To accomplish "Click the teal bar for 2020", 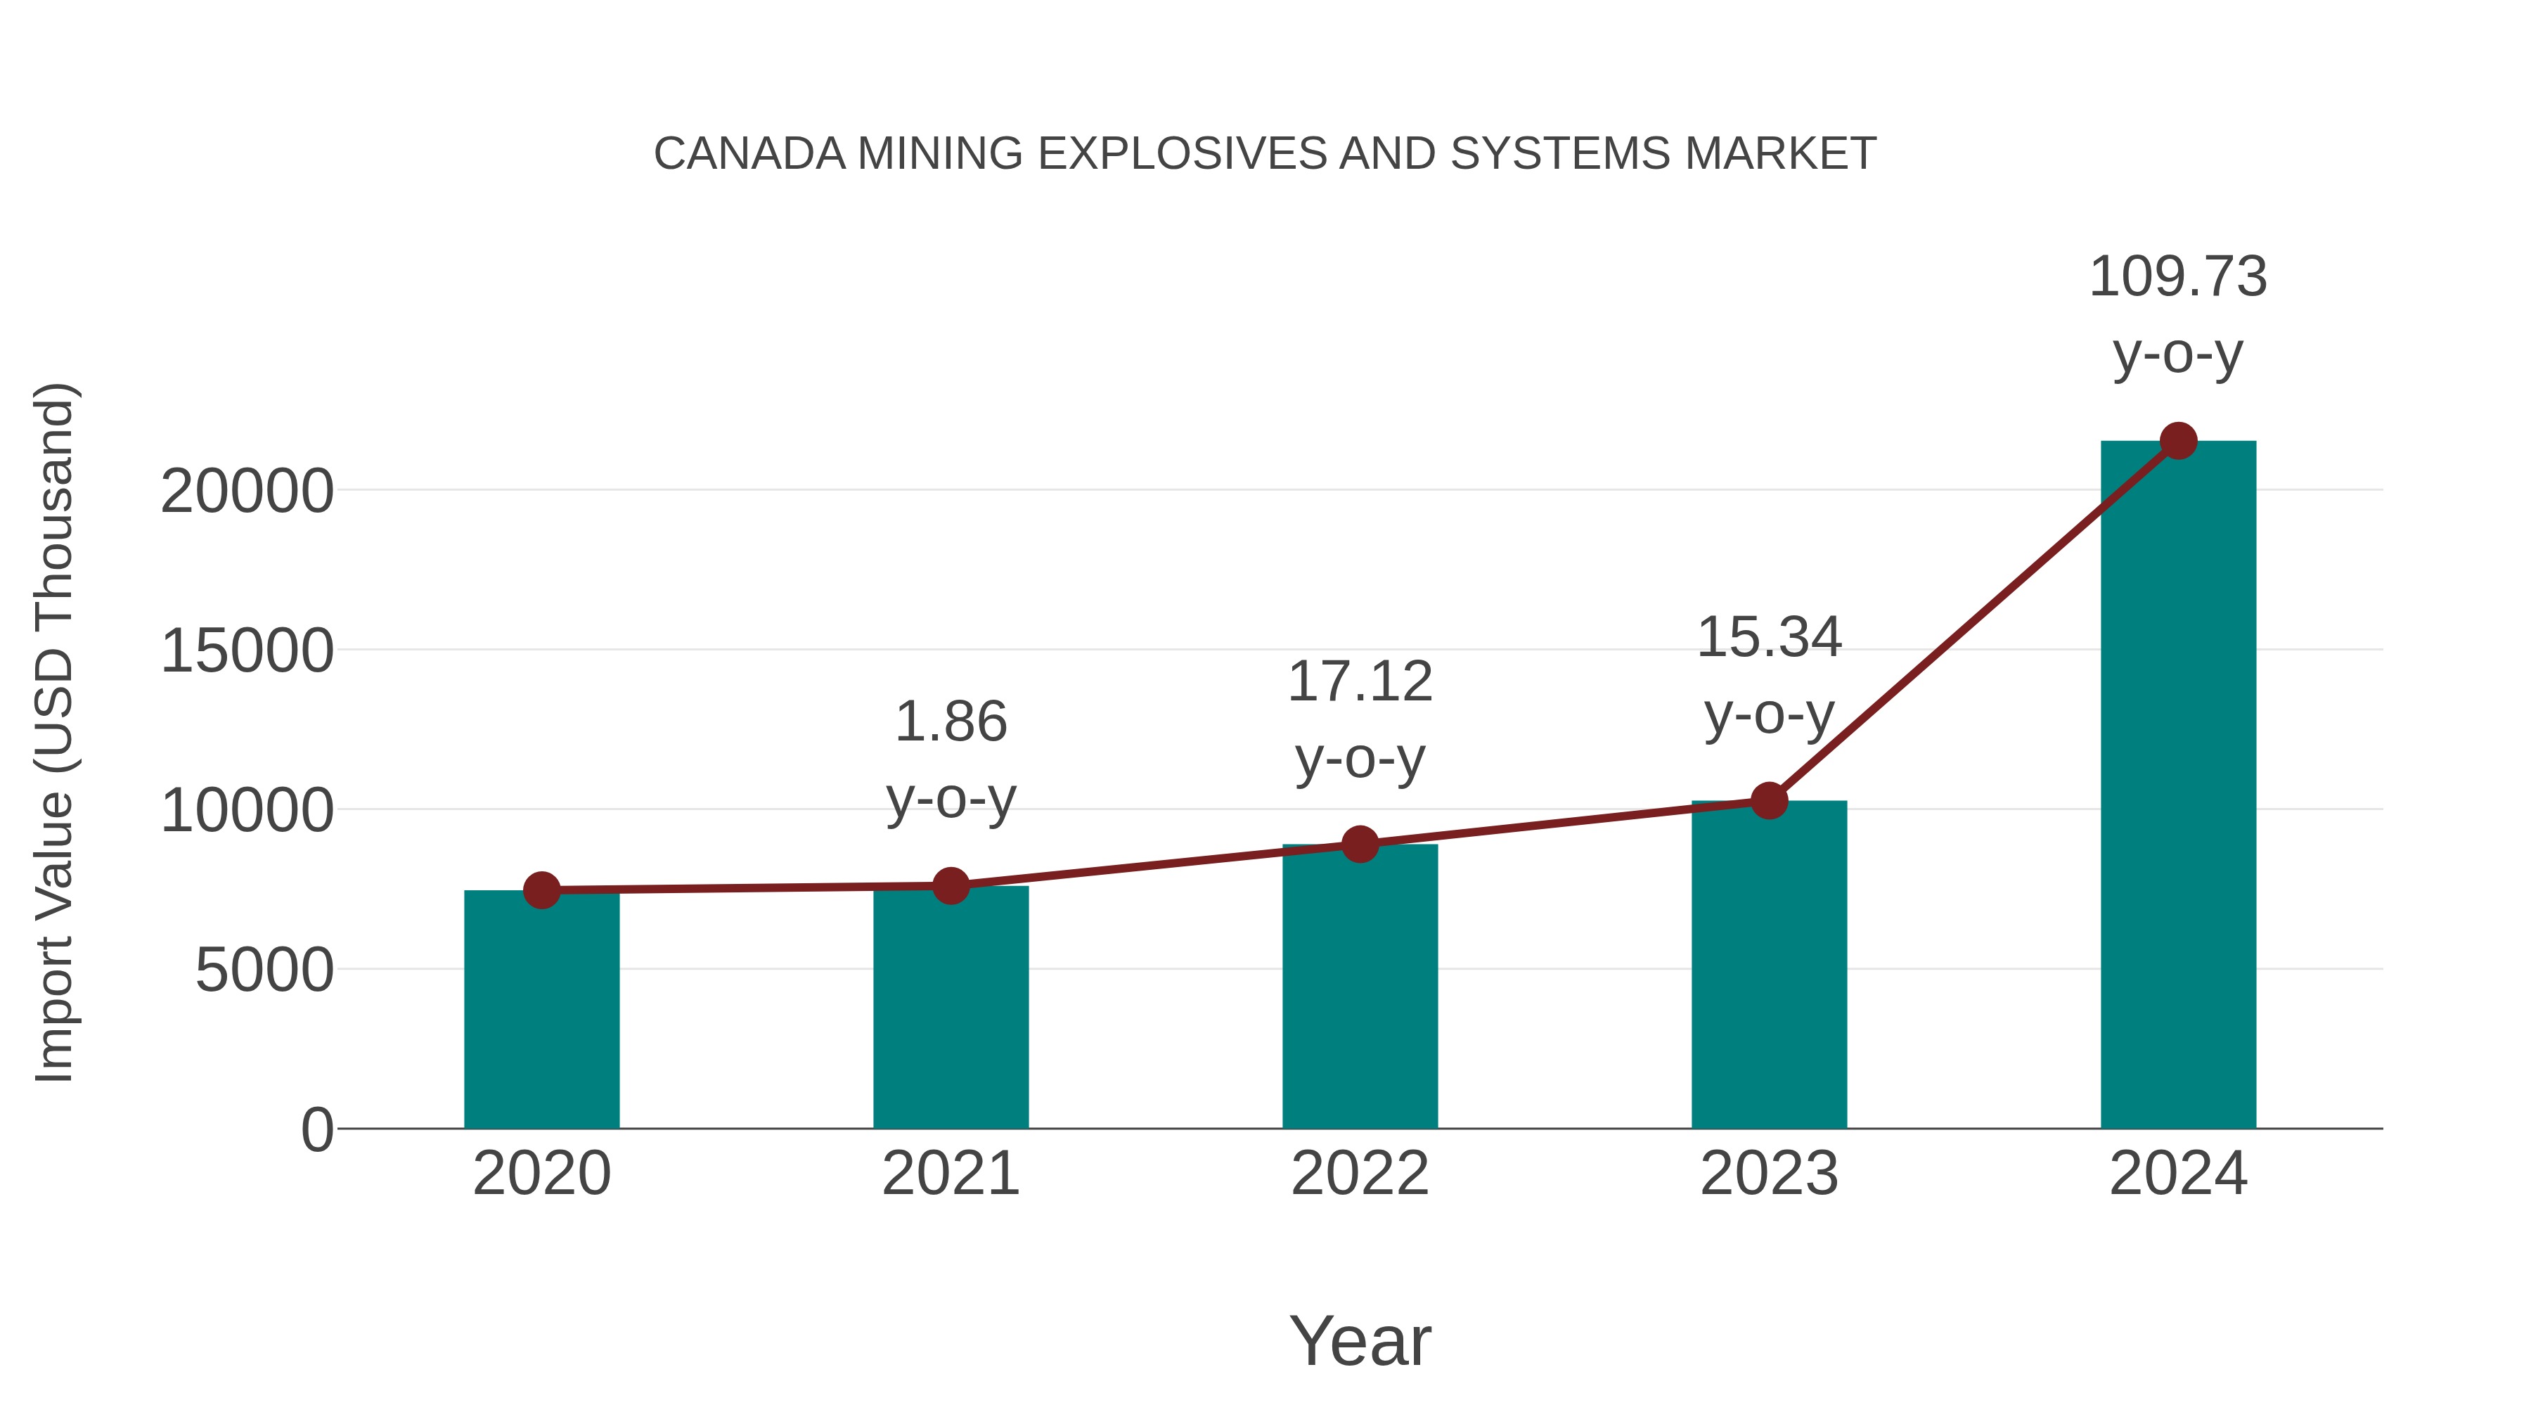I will (x=541, y=1012).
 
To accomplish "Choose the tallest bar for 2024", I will (x=2178, y=786).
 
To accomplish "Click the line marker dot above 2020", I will (x=541, y=890).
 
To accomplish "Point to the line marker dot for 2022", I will (x=1360, y=844).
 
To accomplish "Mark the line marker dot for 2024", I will (x=2178, y=441).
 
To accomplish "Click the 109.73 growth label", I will (x=2177, y=277).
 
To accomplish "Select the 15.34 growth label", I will (x=1769, y=638).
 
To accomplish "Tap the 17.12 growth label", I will (x=1360, y=682).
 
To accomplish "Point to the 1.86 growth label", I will (x=950, y=724).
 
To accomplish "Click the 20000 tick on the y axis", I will (x=247, y=492).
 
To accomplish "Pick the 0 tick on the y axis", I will (x=317, y=1130).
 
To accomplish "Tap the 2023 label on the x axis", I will (x=1769, y=1174).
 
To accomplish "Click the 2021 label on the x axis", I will (x=950, y=1174).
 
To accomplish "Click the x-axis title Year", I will (x=1360, y=1342).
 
